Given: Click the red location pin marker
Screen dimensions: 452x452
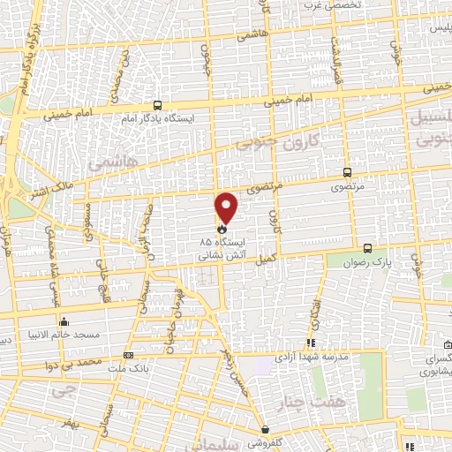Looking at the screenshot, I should coord(227,207).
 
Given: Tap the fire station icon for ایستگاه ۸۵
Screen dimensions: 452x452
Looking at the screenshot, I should coord(221,229).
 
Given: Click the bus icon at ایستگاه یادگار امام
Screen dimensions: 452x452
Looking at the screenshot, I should coord(157,104).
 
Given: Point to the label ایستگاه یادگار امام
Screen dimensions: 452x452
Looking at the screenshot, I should coord(158,117).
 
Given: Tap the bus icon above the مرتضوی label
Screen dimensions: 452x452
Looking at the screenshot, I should coord(347,173).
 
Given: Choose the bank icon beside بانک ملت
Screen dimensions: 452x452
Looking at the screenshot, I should coord(129,355).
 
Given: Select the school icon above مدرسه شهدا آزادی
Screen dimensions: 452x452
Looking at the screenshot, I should coord(311,343).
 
